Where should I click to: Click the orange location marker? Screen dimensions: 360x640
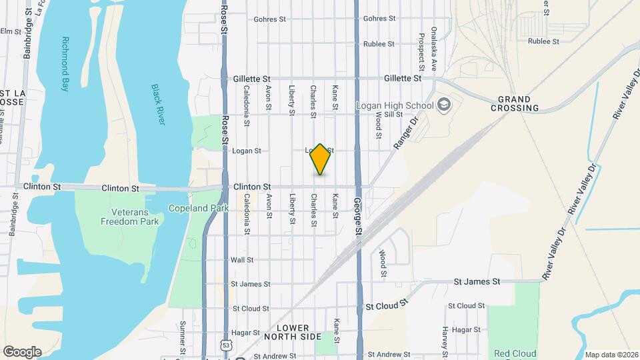pos(321,159)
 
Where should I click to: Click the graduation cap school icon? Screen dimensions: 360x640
pos(443,105)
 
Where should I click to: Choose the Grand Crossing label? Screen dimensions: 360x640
pos(515,103)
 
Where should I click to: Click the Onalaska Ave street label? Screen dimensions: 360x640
pos(433,49)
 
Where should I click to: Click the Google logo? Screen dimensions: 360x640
pos(22,351)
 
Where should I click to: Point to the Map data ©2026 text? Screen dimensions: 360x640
pos(610,355)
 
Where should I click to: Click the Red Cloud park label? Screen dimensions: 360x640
pos(514,353)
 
